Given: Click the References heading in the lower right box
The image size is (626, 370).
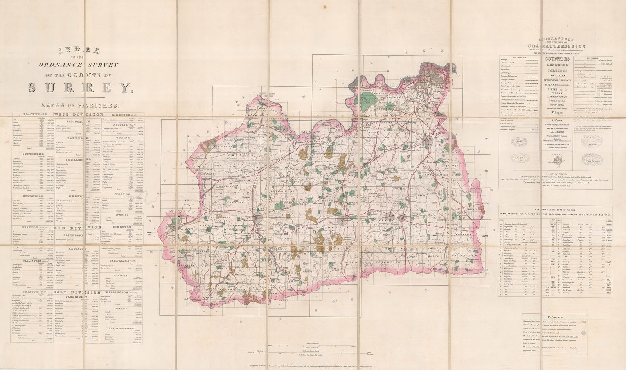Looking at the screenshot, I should tap(555, 318).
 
